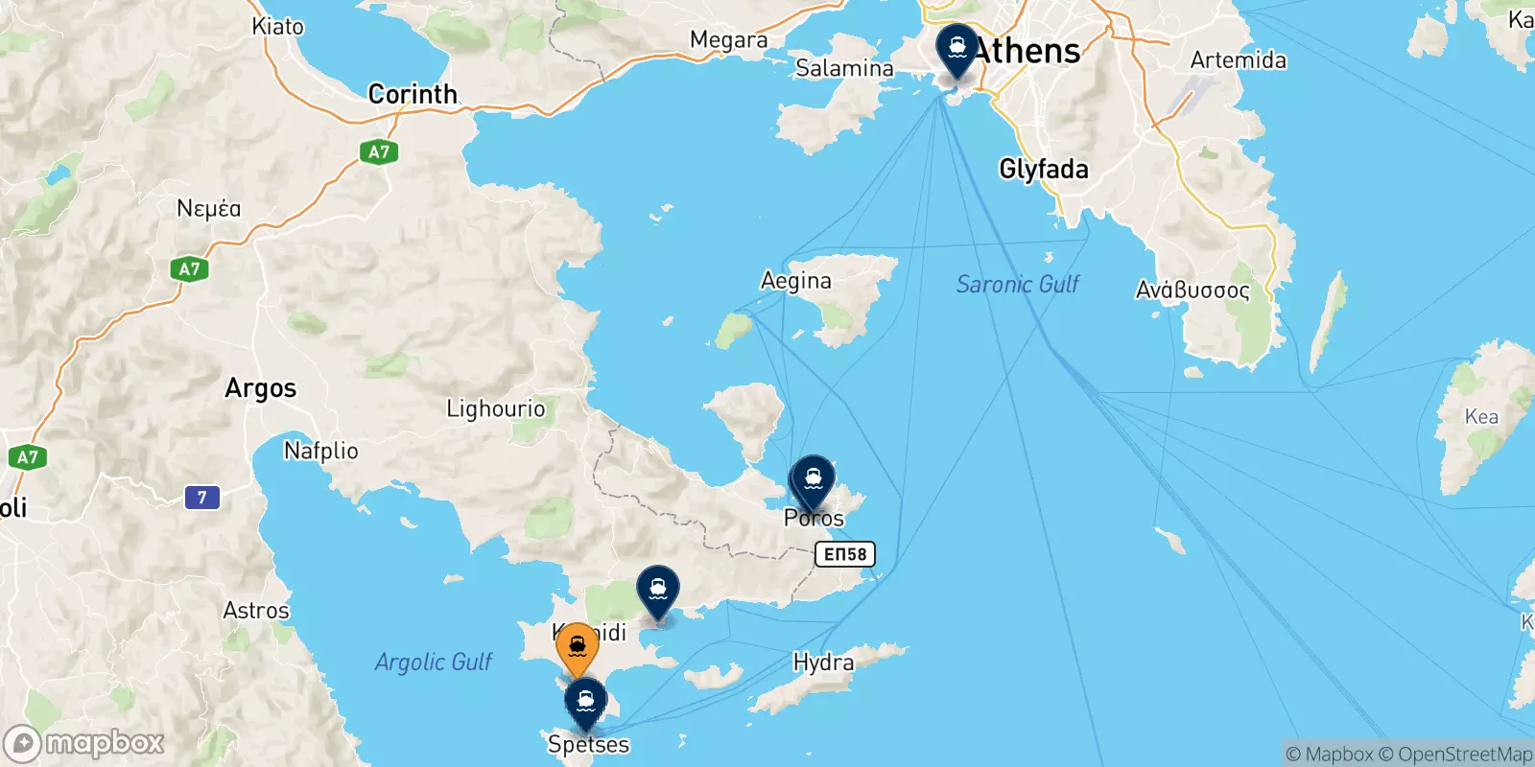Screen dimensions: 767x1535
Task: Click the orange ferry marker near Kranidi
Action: pyautogui.click(x=578, y=649)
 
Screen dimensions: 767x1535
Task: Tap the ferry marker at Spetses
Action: pyautogui.click(x=585, y=702)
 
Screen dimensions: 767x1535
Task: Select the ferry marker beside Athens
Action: pyautogui.click(x=956, y=48)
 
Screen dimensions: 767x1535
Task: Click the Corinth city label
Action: pyautogui.click(x=413, y=94)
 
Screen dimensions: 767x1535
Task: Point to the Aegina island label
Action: pyautogui.click(x=795, y=281)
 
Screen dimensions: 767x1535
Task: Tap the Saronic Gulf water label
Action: pyautogui.click(x=1017, y=284)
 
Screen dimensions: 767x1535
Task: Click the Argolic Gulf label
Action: pyautogui.click(x=433, y=662)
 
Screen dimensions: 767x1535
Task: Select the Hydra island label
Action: pyautogui.click(x=823, y=662)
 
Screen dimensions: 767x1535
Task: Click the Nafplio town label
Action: pyautogui.click(x=321, y=450)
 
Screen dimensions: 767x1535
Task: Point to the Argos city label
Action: pyautogui.click(x=261, y=388)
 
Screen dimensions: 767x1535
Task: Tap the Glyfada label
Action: pyautogui.click(x=1044, y=170)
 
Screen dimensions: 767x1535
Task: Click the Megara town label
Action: pyautogui.click(x=728, y=40)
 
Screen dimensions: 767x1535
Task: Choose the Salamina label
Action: pyautogui.click(x=844, y=68)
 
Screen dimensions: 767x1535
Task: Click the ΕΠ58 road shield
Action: pyautogui.click(x=845, y=554)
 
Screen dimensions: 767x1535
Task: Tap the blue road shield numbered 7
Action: pyautogui.click(x=201, y=498)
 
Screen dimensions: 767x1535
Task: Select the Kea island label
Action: pyautogui.click(x=1481, y=416)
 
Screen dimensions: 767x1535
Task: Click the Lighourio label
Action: pyautogui.click(x=496, y=408)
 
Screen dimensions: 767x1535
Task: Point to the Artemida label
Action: pyautogui.click(x=1238, y=60)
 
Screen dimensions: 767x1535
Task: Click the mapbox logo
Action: pyautogui.click(x=84, y=743)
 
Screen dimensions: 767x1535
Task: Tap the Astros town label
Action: pyautogui.click(x=256, y=611)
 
